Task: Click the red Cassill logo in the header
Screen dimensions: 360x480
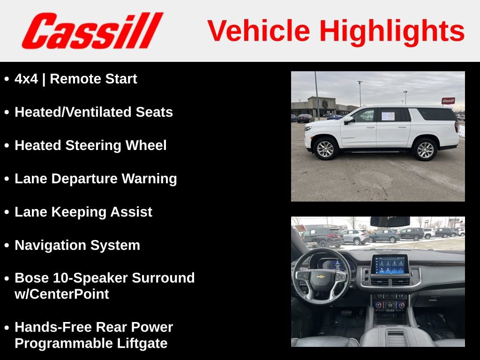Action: pos(92,31)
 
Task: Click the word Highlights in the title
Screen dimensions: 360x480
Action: pos(392,31)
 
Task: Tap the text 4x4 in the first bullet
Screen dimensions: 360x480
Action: pos(26,79)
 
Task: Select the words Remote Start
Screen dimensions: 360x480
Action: pos(93,79)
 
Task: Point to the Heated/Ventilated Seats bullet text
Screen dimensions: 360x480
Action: pos(94,112)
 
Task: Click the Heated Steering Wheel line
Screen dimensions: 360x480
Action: pos(90,145)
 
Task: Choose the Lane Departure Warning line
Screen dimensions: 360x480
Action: pos(96,179)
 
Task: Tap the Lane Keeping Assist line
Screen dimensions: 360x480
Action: pos(83,212)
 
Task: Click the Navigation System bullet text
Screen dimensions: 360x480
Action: pos(77,245)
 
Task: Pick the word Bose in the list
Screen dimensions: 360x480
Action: pos(30,278)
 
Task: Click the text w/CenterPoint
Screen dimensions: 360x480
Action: pos(62,294)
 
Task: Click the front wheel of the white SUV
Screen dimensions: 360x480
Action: pos(326,149)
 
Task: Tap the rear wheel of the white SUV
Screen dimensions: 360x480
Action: pos(425,149)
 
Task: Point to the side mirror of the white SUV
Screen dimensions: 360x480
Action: pos(348,120)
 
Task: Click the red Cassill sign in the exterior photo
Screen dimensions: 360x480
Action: pos(448,100)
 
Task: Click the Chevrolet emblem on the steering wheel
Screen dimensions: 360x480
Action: pos(321,277)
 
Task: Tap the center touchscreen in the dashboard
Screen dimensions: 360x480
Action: pos(389,265)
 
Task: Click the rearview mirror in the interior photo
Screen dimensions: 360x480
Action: pos(390,222)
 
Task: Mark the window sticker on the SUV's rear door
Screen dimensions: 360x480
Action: pos(388,116)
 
